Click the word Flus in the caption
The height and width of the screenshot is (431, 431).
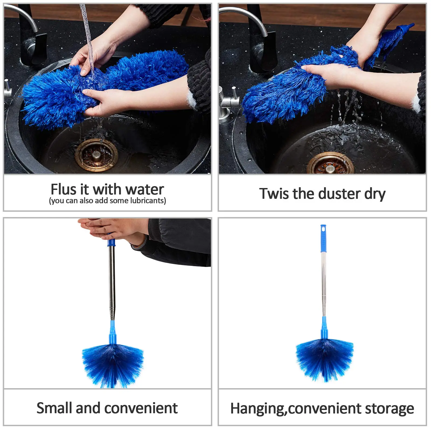pyautogui.click(x=63, y=189)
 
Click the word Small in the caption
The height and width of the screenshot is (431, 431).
pyautogui.click(x=54, y=408)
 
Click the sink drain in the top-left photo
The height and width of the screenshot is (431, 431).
pyautogui.click(x=96, y=155)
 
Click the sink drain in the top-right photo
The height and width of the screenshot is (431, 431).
pyautogui.click(x=330, y=165)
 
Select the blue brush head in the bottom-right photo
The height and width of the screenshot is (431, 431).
pyautogui.click(x=325, y=360)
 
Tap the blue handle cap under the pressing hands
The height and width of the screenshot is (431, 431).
pyautogui.click(x=111, y=242)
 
